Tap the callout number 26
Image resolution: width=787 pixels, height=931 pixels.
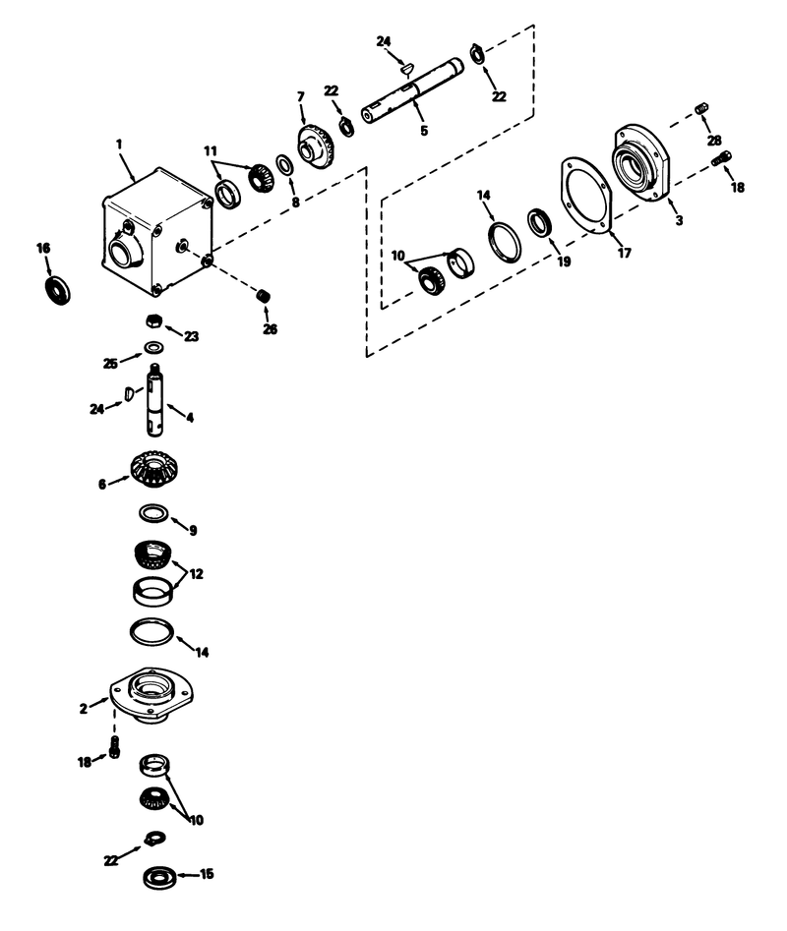pos(270,329)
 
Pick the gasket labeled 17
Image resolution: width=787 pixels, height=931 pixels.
pos(586,201)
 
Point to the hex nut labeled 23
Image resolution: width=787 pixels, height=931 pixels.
pos(152,320)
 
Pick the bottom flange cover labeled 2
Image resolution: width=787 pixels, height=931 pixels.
pos(151,695)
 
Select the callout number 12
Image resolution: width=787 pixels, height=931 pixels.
pos(196,573)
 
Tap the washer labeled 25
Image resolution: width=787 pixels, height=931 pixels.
pos(153,347)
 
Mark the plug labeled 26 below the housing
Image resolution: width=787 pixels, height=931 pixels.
pos(262,296)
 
